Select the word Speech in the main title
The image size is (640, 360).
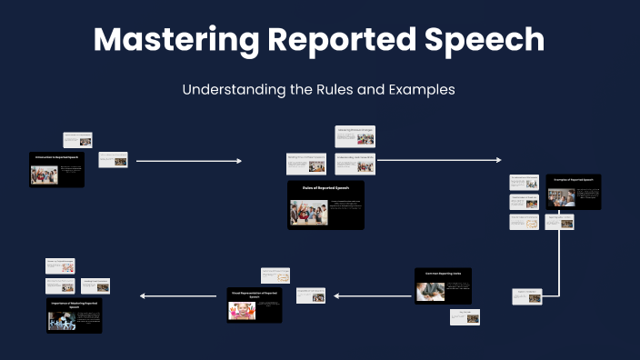point(485,40)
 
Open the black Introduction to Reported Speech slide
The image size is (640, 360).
point(56,170)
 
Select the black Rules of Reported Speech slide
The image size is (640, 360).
point(325,205)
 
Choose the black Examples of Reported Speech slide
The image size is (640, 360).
point(574,193)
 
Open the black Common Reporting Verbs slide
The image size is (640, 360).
point(443,285)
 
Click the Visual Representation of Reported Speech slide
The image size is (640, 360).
point(259,305)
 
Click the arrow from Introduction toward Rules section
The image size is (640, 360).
point(189,161)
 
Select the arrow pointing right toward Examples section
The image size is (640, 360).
point(439,161)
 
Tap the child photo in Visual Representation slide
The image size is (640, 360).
point(243,312)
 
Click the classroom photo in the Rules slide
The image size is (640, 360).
point(308,213)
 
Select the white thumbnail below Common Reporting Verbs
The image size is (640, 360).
point(465,317)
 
